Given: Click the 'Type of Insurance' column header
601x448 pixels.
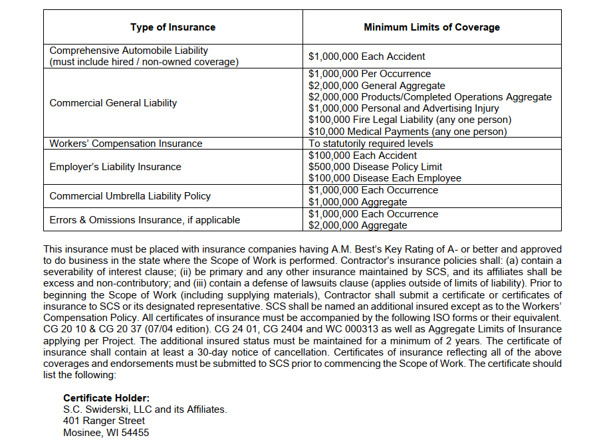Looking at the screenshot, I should [173, 27].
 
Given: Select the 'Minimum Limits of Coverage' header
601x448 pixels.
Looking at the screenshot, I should [431, 27].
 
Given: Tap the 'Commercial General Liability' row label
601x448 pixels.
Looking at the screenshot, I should [113, 103].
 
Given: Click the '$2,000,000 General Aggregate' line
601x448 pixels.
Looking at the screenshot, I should [377, 86].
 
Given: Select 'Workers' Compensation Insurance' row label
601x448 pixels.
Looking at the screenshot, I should [126, 144].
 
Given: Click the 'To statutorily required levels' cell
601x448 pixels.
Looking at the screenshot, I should [370, 144].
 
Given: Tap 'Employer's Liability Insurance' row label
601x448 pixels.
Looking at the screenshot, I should [115, 167].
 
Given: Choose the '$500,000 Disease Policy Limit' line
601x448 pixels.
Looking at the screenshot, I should [375, 167].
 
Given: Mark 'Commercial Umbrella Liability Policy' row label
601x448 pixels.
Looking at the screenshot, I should [130, 196].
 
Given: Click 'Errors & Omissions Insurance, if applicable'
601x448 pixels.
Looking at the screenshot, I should [144, 220].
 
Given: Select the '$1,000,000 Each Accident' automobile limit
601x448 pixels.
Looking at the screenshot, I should [366, 56].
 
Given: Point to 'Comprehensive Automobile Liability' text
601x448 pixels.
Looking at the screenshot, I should [128, 51].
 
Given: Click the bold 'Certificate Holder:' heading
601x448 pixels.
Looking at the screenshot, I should [106, 398].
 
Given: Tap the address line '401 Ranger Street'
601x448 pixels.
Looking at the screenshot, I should [104, 421].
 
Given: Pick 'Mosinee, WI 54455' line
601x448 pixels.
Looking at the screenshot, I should [106, 433].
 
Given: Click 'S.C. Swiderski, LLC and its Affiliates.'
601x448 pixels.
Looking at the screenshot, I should [145, 409].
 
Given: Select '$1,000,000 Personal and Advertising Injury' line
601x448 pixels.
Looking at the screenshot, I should [404, 108].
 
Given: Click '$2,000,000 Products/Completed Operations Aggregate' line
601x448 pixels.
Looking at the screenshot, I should [429, 97].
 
